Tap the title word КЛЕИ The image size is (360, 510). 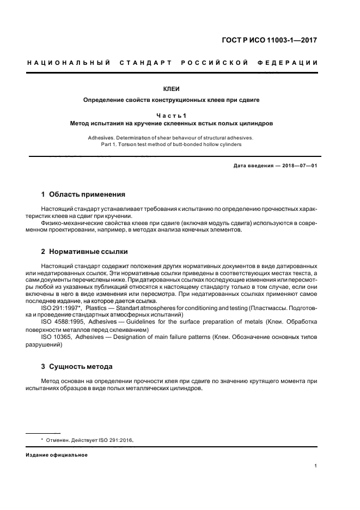point(172,88)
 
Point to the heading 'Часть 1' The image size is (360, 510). point(172,115)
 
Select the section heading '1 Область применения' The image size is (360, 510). point(83,194)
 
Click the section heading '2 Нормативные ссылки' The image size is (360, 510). point(84,252)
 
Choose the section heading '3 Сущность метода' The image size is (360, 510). point(77,367)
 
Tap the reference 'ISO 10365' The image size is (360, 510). point(56,337)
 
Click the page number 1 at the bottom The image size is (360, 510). point(316,466)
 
